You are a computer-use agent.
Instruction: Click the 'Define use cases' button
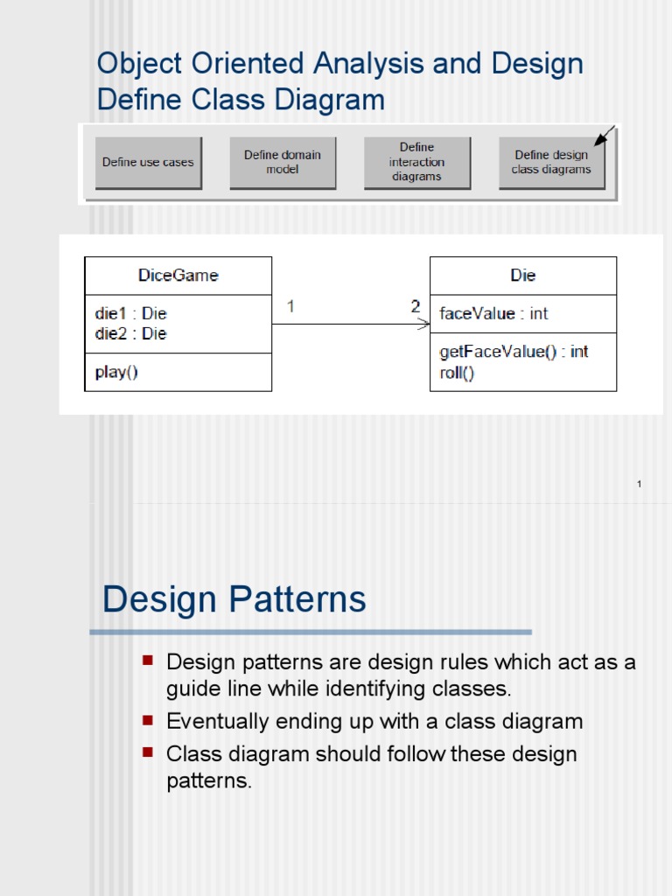click(148, 162)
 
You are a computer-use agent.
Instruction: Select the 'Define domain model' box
click(282, 162)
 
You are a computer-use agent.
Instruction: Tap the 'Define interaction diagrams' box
click(416, 162)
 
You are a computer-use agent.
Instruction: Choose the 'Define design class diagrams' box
click(551, 162)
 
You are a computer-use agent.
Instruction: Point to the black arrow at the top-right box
click(604, 136)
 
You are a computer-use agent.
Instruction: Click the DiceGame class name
click(178, 276)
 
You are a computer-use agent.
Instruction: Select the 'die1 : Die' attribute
click(130, 313)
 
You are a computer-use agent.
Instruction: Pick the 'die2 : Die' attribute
click(130, 333)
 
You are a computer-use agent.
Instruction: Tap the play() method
click(116, 372)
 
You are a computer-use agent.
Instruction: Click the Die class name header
click(523, 276)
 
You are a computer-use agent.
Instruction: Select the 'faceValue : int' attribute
click(493, 313)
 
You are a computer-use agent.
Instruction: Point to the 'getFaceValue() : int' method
click(514, 352)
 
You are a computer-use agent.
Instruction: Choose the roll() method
click(456, 373)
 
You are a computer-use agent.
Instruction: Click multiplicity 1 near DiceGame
click(290, 307)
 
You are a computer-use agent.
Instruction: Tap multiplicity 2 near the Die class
click(416, 307)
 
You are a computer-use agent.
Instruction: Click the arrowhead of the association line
click(425, 325)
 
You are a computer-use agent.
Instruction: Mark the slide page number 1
click(640, 484)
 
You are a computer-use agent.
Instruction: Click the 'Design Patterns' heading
click(234, 600)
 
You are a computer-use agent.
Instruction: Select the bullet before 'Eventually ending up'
click(147, 719)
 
